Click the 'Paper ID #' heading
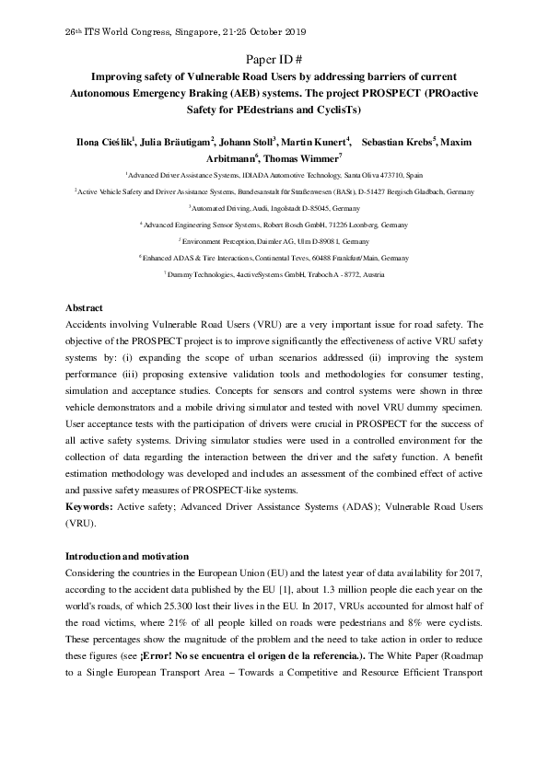(274, 57)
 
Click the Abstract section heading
(84, 307)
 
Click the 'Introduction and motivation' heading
(126, 557)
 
